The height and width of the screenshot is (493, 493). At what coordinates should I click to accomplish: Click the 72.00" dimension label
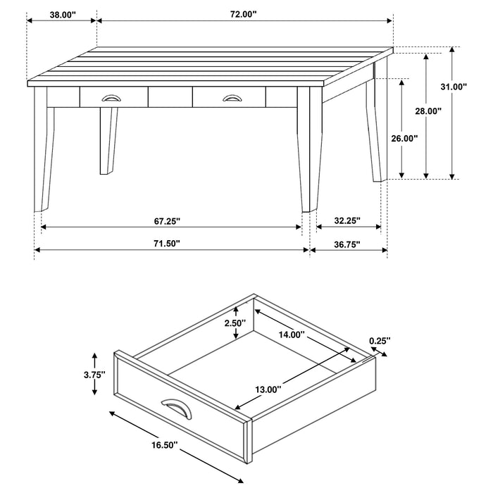[242, 14]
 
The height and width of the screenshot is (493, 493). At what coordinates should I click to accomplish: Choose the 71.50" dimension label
[166, 244]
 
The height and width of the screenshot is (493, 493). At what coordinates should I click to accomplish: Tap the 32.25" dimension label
[347, 220]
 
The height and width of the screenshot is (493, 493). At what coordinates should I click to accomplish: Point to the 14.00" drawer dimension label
[290, 335]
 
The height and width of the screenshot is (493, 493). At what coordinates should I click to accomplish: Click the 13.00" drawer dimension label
[267, 388]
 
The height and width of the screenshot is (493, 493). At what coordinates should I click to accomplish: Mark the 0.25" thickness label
[380, 341]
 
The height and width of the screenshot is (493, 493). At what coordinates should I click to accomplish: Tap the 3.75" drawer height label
[94, 374]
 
